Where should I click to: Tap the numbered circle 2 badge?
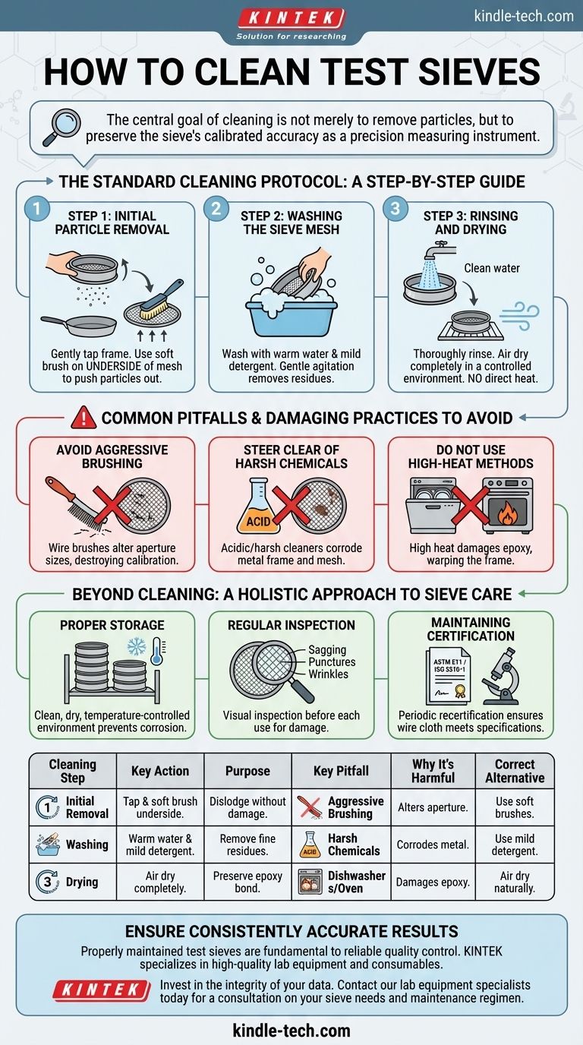[x=216, y=208]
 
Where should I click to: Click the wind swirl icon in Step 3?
[x=519, y=315]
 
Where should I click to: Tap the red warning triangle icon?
[x=84, y=417]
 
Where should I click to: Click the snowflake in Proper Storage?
[x=137, y=647]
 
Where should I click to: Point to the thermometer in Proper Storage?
[x=157, y=652]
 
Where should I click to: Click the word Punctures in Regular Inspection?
[x=332, y=662]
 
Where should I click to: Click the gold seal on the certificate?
[x=460, y=690]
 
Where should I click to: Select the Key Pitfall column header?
[x=341, y=771]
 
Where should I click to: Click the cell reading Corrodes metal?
[x=433, y=845]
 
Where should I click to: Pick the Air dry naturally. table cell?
[x=515, y=882]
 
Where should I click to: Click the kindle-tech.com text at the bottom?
[x=291, y=1030]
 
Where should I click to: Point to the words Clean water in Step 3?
[x=492, y=268]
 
